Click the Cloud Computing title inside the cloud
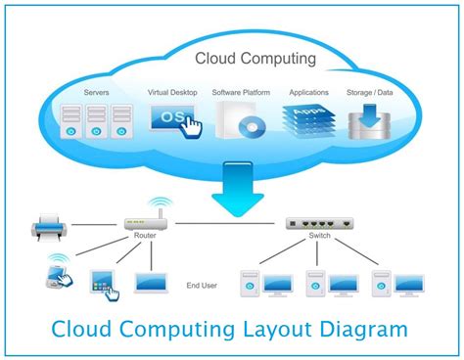click(x=255, y=59)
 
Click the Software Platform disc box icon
click(x=239, y=121)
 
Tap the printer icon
click(x=50, y=229)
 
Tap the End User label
click(x=201, y=286)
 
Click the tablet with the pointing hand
click(x=104, y=284)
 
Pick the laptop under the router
click(x=150, y=283)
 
